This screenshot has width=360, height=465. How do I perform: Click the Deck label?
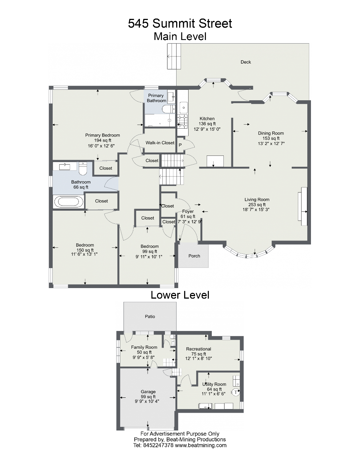click(x=246, y=62)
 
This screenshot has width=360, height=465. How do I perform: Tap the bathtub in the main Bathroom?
click(x=69, y=202)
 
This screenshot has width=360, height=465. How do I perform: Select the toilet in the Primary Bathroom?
click(x=169, y=109)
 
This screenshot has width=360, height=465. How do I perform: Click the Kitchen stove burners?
click(x=182, y=121)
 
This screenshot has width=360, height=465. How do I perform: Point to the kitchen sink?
click(x=183, y=108)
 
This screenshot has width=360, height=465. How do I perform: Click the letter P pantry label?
click(x=180, y=145)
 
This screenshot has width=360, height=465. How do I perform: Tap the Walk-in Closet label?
click(x=160, y=143)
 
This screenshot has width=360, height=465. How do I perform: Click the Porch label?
click(x=194, y=256)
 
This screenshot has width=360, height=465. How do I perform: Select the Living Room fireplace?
click(x=303, y=206)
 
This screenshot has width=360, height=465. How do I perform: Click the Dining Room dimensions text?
click(x=271, y=143)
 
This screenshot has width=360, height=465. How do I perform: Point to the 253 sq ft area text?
click(x=257, y=205)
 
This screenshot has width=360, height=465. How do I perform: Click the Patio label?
click(x=150, y=316)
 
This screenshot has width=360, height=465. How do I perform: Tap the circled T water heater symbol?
click(x=235, y=392)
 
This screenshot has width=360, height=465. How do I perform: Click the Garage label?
click(x=148, y=392)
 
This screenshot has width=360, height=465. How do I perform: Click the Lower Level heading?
click(x=180, y=295)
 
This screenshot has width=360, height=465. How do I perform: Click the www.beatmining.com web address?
click(x=201, y=445)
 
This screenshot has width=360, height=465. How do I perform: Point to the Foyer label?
click(x=188, y=211)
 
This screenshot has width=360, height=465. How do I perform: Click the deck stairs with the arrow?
click(x=174, y=56)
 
